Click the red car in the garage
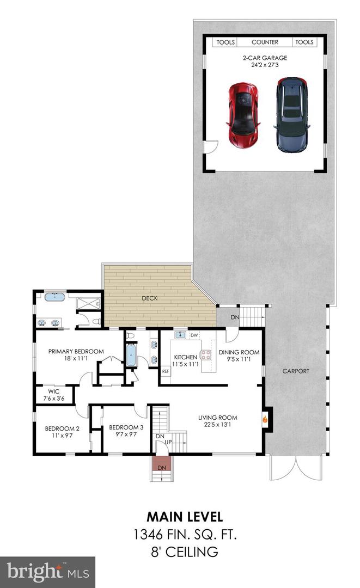click(x=242, y=116)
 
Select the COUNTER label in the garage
click(x=265, y=42)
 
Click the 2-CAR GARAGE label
click(x=265, y=58)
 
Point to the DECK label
click(x=149, y=298)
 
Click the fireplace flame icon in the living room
click(x=265, y=419)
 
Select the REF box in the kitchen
click(x=166, y=371)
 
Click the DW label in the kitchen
click(x=194, y=335)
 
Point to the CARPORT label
click(x=296, y=371)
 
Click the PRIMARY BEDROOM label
click(x=76, y=351)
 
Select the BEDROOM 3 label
click(x=126, y=427)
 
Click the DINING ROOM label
click(x=239, y=352)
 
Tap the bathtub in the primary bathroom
click(x=53, y=298)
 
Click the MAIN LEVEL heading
click(x=184, y=516)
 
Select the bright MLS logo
click(x=47, y=572)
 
